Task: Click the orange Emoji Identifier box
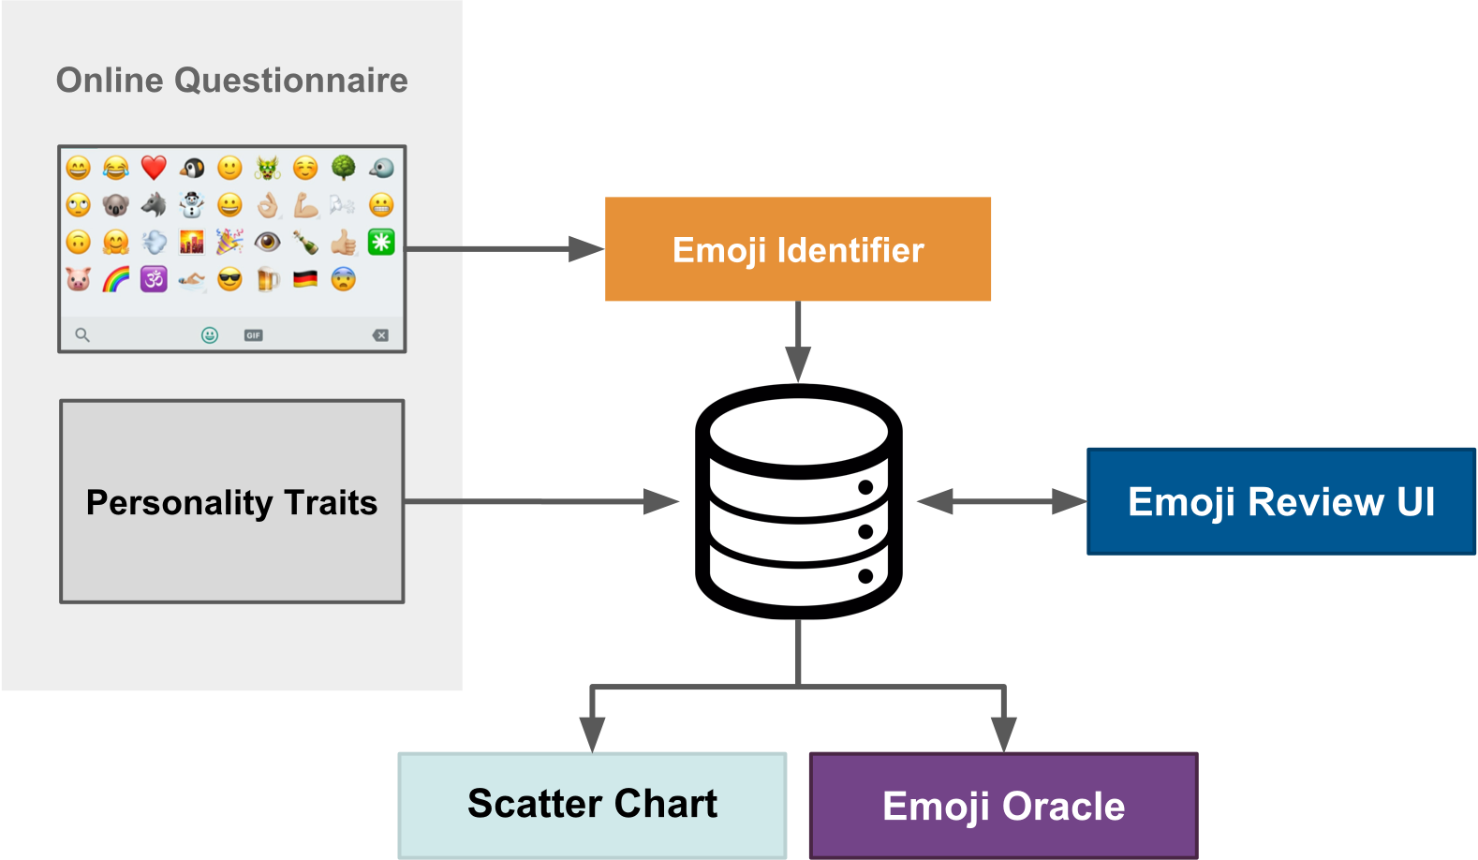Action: point(798,249)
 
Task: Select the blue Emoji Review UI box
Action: point(1280,502)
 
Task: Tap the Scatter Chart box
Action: point(592,805)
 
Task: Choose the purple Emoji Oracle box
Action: point(1003,806)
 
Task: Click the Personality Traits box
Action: point(231,502)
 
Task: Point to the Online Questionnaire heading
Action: point(231,81)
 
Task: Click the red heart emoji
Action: point(154,168)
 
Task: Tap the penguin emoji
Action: point(192,168)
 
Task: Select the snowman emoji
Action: point(192,204)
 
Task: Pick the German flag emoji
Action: point(305,279)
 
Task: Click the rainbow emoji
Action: point(116,279)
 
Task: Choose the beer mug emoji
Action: point(268,279)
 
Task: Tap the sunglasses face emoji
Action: point(229,279)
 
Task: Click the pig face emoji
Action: point(79,279)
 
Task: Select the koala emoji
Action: point(116,204)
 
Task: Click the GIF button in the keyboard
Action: point(253,335)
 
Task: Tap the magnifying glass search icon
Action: point(82,335)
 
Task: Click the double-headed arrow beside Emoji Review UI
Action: point(1001,502)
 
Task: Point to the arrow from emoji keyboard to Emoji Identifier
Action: point(506,249)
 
